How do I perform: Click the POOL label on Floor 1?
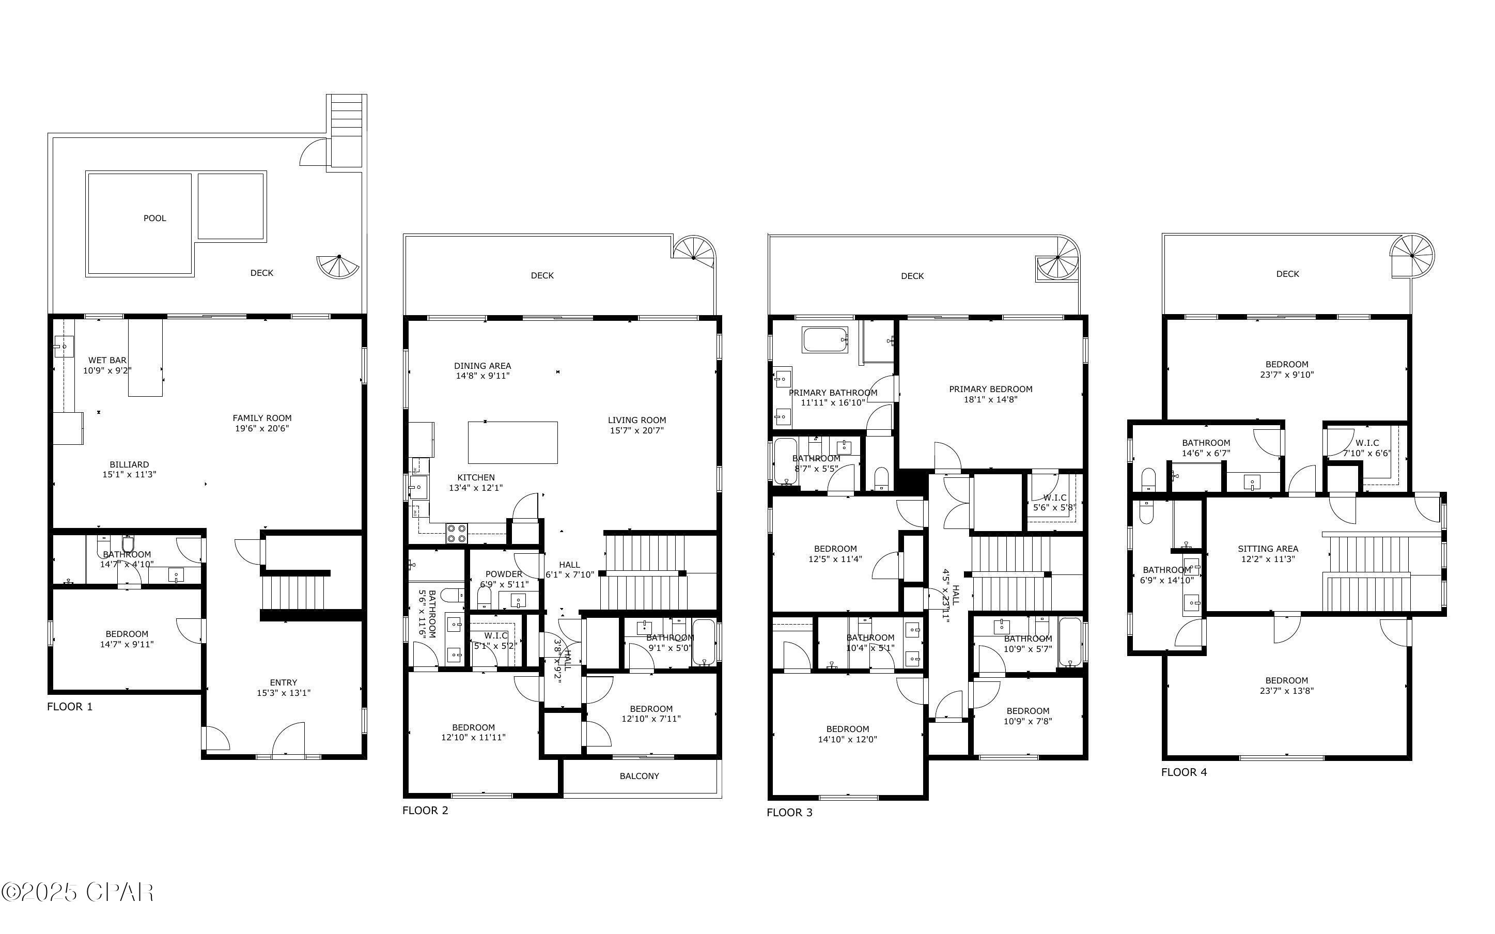(154, 218)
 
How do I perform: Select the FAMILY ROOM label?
(262, 418)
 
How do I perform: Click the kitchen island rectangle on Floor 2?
(512, 442)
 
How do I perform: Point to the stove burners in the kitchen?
(456, 533)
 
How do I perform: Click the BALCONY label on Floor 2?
(639, 776)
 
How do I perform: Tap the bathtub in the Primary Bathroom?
(825, 340)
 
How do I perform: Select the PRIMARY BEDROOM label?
(990, 389)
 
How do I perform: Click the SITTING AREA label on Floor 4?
(1268, 549)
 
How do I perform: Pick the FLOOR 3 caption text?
(789, 812)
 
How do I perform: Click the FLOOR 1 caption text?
(70, 707)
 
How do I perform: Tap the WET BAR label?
(107, 360)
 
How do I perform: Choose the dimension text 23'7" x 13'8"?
(1286, 691)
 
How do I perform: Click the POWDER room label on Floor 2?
(504, 574)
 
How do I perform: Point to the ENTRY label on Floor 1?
(284, 682)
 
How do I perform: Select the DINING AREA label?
(482, 366)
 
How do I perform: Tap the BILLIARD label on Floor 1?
(129, 464)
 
